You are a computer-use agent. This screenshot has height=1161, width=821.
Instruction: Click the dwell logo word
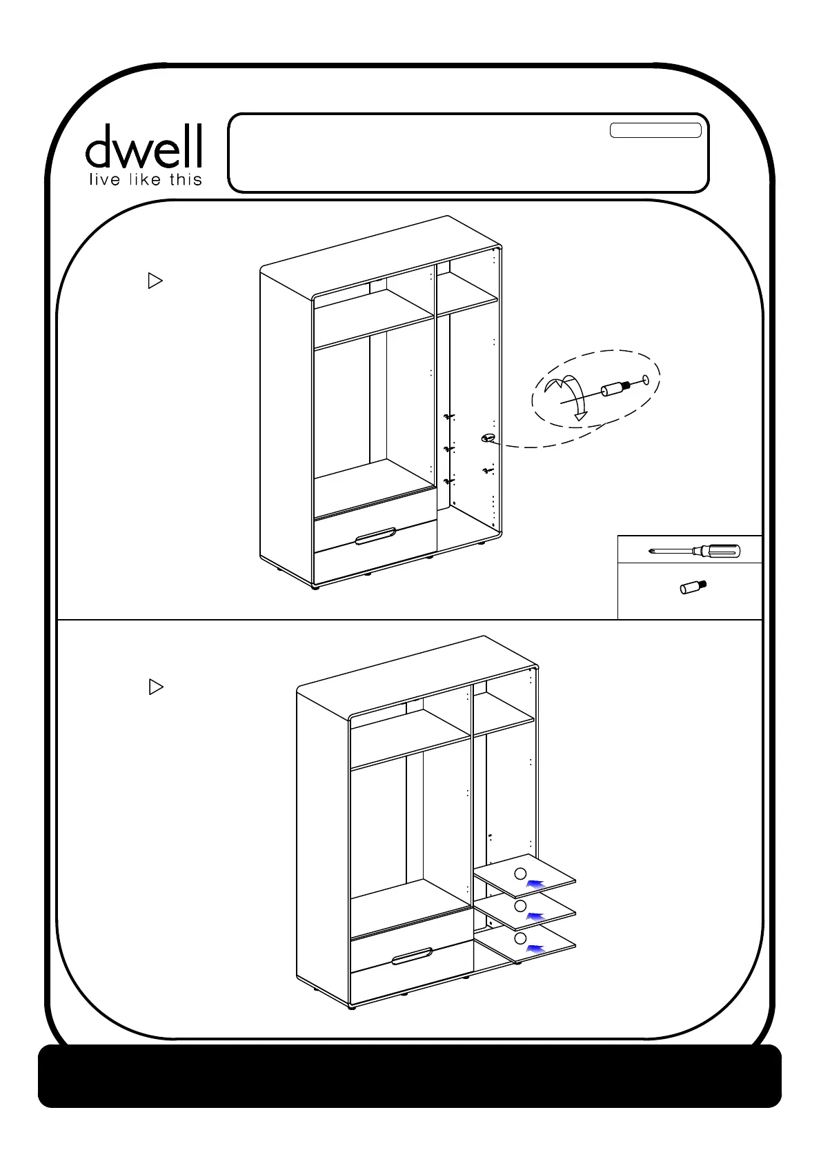pos(144,146)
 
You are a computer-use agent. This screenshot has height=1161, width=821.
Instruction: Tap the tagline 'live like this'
pos(144,180)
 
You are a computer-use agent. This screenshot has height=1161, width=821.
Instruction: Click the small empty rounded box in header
pos(655,131)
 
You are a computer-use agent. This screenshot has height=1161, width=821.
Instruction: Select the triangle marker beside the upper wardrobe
pos(155,281)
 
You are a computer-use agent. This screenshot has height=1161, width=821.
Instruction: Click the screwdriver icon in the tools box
pos(695,551)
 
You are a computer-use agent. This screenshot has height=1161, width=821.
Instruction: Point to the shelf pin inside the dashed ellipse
pos(614,389)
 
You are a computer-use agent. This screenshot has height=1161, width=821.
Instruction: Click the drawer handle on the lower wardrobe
pos(412,958)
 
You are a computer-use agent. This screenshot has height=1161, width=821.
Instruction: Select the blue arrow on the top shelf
pos(536,884)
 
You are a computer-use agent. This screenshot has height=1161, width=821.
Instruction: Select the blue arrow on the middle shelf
pos(536,916)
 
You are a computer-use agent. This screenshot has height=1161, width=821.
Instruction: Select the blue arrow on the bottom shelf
pos(536,949)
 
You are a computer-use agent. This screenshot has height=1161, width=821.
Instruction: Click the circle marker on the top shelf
pos(521,873)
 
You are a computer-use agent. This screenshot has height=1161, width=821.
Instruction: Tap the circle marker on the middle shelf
pos(521,905)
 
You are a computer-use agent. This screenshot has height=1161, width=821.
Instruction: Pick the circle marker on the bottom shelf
pos(521,938)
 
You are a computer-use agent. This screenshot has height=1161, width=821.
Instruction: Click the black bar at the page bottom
pos(410,1076)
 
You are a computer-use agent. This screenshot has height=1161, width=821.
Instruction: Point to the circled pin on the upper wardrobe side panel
pos(489,438)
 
